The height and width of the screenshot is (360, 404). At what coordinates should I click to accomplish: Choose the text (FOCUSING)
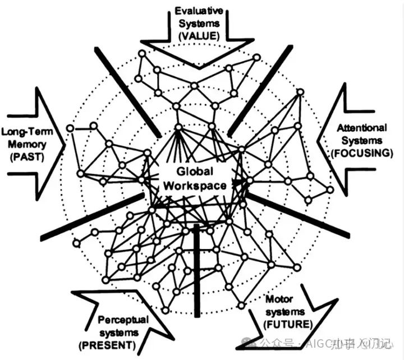(362, 153)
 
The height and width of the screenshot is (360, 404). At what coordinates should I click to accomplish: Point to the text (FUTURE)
(288, 324)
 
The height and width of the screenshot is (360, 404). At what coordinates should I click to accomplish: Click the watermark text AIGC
(318, 343)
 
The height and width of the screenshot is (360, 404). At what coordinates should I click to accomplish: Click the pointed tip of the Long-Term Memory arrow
(65, 145)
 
